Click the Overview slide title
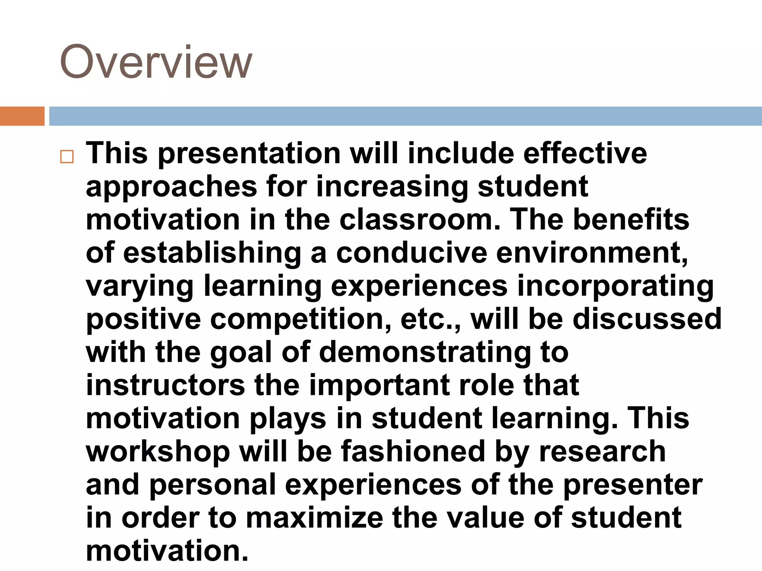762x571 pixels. tap(156, 62)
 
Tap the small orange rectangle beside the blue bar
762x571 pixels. tap(22, 116)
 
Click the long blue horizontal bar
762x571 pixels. tap(405, 116)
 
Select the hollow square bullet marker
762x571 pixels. tap(67, 157)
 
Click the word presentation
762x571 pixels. tap(249, 154)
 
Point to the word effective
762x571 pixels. tap(585, 153)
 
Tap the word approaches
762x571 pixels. tap(172, 187)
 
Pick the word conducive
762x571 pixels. tap(412, 253)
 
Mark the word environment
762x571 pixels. tap(592, 253)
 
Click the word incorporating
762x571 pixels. tap(615, 286)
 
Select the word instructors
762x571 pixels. tap(166, 385)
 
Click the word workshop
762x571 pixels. tap(158, 452)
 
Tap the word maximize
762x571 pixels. tap(314, 518)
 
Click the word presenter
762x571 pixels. tap(633, 485)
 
